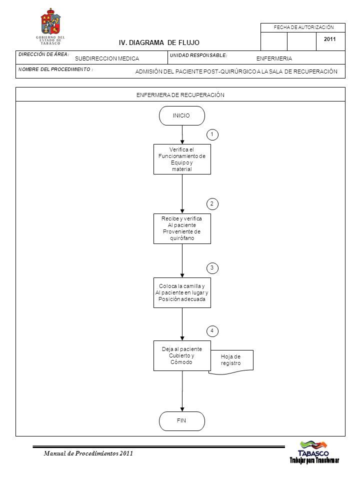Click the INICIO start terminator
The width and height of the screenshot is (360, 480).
click(x=182, y=115)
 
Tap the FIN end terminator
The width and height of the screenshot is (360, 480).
click(x=182, y=421)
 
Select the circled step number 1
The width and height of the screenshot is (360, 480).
click(x=212, y=134)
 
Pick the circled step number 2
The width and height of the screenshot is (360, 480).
click(x=212, y=204)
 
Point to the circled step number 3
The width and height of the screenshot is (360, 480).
click(x=212, y=268)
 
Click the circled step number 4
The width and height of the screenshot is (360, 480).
click(x=212, y=331)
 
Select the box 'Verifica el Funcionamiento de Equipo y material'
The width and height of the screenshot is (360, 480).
click(x=182, y=159)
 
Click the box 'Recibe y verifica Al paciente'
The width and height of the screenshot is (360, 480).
click(x=182, y=228)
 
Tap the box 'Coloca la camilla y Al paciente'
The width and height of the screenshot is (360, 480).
click(x=182, y=292)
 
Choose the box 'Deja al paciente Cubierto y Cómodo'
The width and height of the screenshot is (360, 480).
click(x=182, y=355)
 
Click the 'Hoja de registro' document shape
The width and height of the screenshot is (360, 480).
click(x=231, y=361)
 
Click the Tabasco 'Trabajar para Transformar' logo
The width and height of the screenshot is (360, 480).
click(x=314, y=452)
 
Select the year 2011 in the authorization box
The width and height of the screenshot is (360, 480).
click(x=329, y=39)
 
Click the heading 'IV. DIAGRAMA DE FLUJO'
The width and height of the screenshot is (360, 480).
click(x=159, y=43)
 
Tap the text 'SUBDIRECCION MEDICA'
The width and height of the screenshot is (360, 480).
click(x=107, y=58)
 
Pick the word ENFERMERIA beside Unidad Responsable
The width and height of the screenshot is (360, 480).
click(x=274, y=58)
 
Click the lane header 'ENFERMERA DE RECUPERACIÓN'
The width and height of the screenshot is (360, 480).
click(x=180, y=95)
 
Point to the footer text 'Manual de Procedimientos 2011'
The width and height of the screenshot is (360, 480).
click(x=88, y=453)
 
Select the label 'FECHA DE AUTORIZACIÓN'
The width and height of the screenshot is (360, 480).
click(x=303, y=27)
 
